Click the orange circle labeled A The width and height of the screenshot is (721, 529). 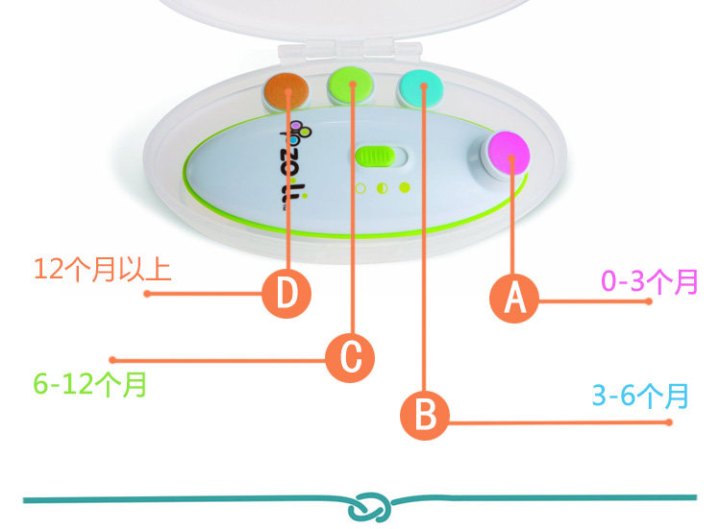tap(515, 299)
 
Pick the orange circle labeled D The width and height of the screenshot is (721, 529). tap(286, 294)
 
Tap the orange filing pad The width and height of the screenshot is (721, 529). tap(285, 90)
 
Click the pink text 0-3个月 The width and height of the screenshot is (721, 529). tap(649, 282)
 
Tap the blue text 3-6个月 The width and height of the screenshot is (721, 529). tap(641, 395)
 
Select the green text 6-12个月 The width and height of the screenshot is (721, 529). tap(90, 385)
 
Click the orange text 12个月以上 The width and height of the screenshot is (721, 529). tap(102, 268)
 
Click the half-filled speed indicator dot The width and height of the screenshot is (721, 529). tap(382, 188)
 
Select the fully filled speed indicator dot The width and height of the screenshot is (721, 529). tap(404, 187)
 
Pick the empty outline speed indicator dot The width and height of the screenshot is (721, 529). tap(360, 188)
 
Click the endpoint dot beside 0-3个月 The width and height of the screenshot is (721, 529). tap(650, 301)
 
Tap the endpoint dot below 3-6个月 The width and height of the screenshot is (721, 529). tap(669, 422)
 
